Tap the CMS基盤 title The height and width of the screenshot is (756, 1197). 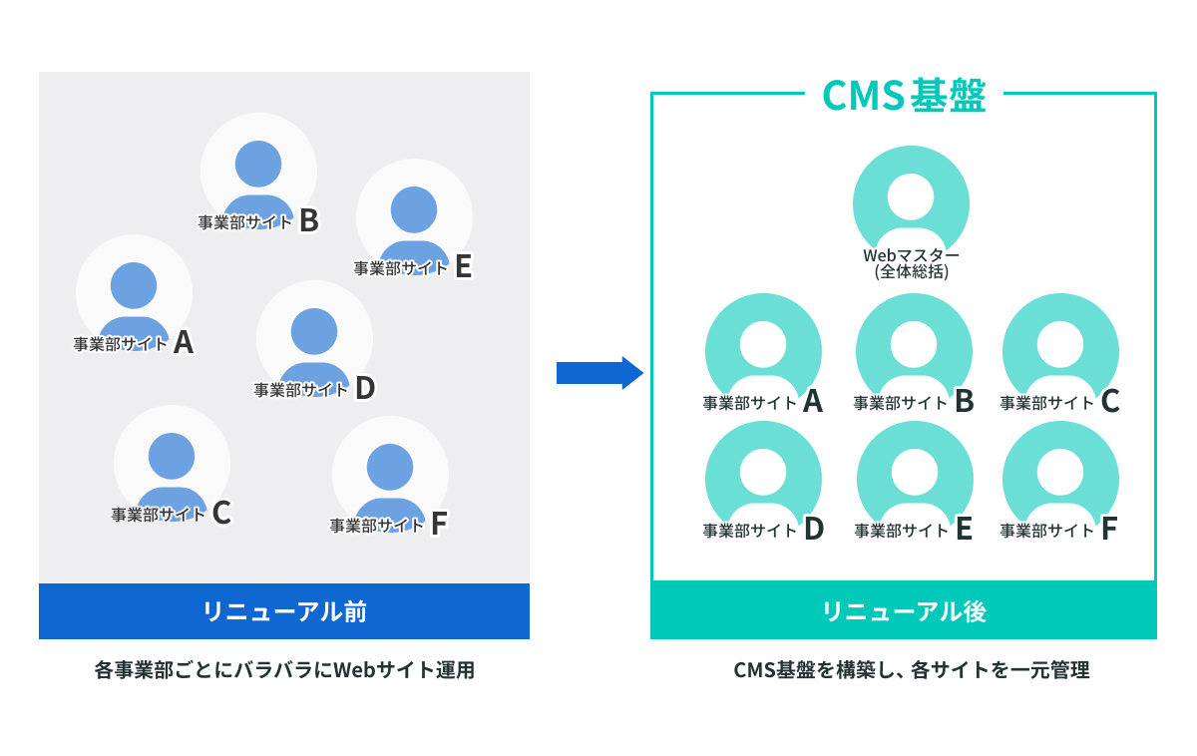904,96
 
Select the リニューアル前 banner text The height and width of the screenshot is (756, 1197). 284,611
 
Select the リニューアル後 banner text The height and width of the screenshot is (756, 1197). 904,611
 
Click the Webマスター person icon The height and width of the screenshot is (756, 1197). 911,199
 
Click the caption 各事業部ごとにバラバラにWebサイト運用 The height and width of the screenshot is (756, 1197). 284,670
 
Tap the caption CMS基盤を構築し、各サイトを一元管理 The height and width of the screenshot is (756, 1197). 911,670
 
